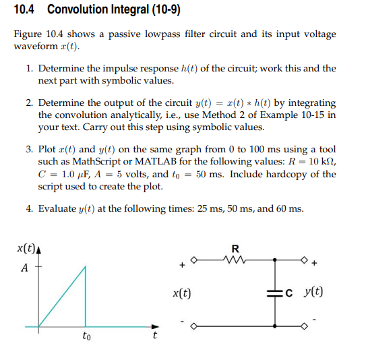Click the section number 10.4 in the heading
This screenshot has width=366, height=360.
coord(25,10)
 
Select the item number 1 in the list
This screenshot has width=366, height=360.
coord(30,69)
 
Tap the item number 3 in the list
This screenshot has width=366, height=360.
coord(30,149)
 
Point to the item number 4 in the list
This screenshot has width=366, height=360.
coord(30,208)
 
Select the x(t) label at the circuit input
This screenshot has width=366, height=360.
coord(181,293)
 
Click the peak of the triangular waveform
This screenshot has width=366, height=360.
coord(85,265)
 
